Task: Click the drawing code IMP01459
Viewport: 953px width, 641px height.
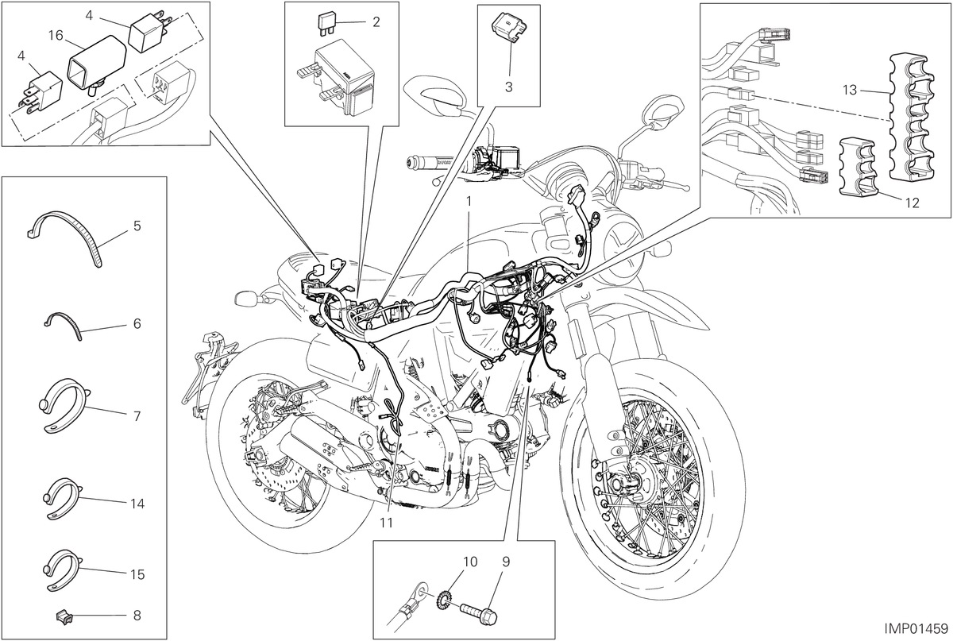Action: tap(916, 628)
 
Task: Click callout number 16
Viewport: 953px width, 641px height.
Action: tap(56, 35)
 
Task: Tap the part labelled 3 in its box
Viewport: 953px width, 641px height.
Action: tap(509, 27)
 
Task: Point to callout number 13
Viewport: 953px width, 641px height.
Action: tap(850, 91)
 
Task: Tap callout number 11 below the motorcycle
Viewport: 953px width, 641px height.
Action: tap(386, 522)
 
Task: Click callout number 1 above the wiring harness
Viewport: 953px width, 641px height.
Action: tap(469, 201)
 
